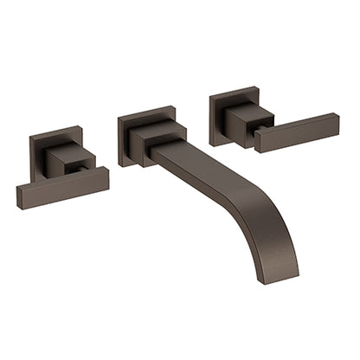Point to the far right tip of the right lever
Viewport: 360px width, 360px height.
pos(337,119)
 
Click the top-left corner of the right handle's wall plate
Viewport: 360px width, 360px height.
pos(209,98)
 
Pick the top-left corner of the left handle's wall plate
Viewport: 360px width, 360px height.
pos(29,137)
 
